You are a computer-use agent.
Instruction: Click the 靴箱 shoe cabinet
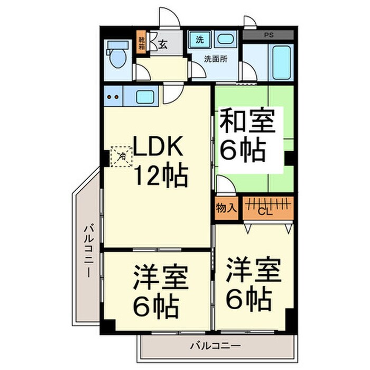[142, 42]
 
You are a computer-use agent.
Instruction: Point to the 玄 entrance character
[162, 44]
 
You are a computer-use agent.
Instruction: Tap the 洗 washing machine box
[200, 39]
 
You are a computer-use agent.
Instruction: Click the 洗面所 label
[216, 59]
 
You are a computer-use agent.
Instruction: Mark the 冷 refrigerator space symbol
[121, 156]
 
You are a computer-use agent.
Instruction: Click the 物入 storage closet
[226, 208]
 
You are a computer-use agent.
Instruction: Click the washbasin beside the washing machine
[226, 39]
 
